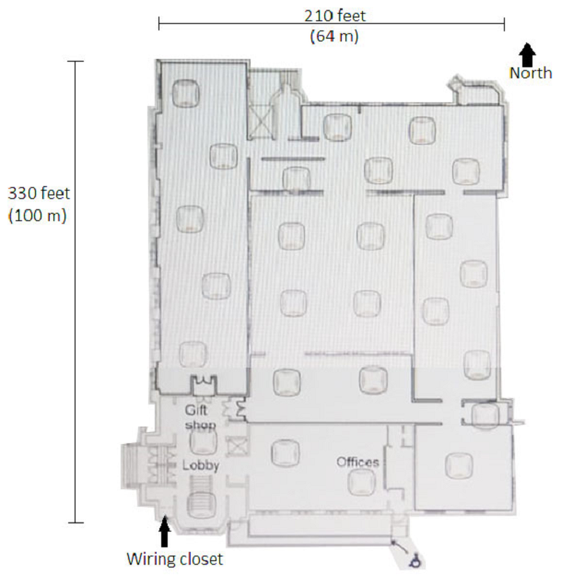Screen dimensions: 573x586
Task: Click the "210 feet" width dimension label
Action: [x=335, y=16]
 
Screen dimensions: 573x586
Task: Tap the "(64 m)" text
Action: [x=334, y=37]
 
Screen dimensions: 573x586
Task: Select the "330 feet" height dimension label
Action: [x=39, y=193]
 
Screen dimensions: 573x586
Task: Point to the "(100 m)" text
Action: [x=38, y=216]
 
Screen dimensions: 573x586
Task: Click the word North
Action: [x=531, y=73]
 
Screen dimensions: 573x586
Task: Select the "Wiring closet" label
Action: [x=174, y=559]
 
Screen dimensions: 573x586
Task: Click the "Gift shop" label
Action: [x=200, y=417]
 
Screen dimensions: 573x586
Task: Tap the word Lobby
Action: [x=200, y=465]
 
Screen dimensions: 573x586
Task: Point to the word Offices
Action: [x=357, y=463]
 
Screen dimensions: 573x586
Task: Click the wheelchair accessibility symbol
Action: [x=415, y=560]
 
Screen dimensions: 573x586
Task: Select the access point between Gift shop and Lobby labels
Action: [x=203, y=441]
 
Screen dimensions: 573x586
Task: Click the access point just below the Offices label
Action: [x=361, y=482]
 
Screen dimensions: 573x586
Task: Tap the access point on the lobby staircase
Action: [x=204, y=505]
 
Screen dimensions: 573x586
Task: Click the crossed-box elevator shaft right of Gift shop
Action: [x=236, y=446]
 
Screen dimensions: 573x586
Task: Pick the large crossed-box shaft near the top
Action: [x=262, y=122]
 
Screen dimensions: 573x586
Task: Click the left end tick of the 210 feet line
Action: [x=159, y=23]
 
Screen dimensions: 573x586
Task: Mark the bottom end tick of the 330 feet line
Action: [x=76, y=522]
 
